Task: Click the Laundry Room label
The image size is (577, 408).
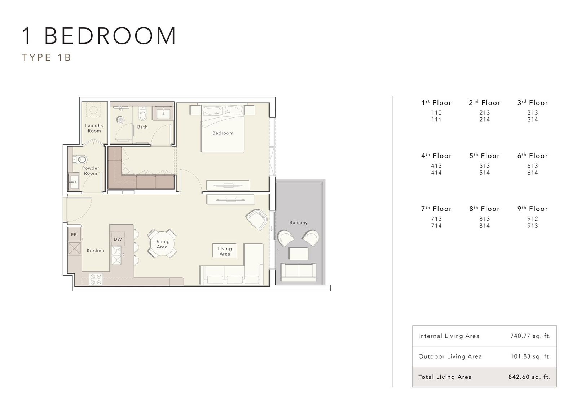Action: (94, 128)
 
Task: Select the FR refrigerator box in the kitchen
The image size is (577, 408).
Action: (74, 235)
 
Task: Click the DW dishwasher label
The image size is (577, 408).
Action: (118, 239)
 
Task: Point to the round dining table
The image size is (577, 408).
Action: (162, 244)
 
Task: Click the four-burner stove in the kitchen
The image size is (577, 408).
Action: (96, 280)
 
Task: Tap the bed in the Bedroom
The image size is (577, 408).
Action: (223, 129)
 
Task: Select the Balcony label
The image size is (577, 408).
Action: (298, 223)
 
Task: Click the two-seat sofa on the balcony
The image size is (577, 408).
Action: (299, 272)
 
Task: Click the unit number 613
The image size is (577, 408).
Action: (532, 166)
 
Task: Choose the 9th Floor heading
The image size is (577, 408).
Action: (532, 209)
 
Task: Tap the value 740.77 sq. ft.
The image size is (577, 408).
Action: (530, 336)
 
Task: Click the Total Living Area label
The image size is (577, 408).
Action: (445, 377)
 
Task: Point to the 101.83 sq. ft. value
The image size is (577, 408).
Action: (530, 356)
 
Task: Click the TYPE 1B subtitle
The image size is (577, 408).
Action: (47, 57)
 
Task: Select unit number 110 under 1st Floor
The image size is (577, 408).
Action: (436, 113)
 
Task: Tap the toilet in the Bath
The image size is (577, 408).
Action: (142, 114)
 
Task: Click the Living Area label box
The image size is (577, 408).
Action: (225, 251)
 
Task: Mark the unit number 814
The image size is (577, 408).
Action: (484, 226)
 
